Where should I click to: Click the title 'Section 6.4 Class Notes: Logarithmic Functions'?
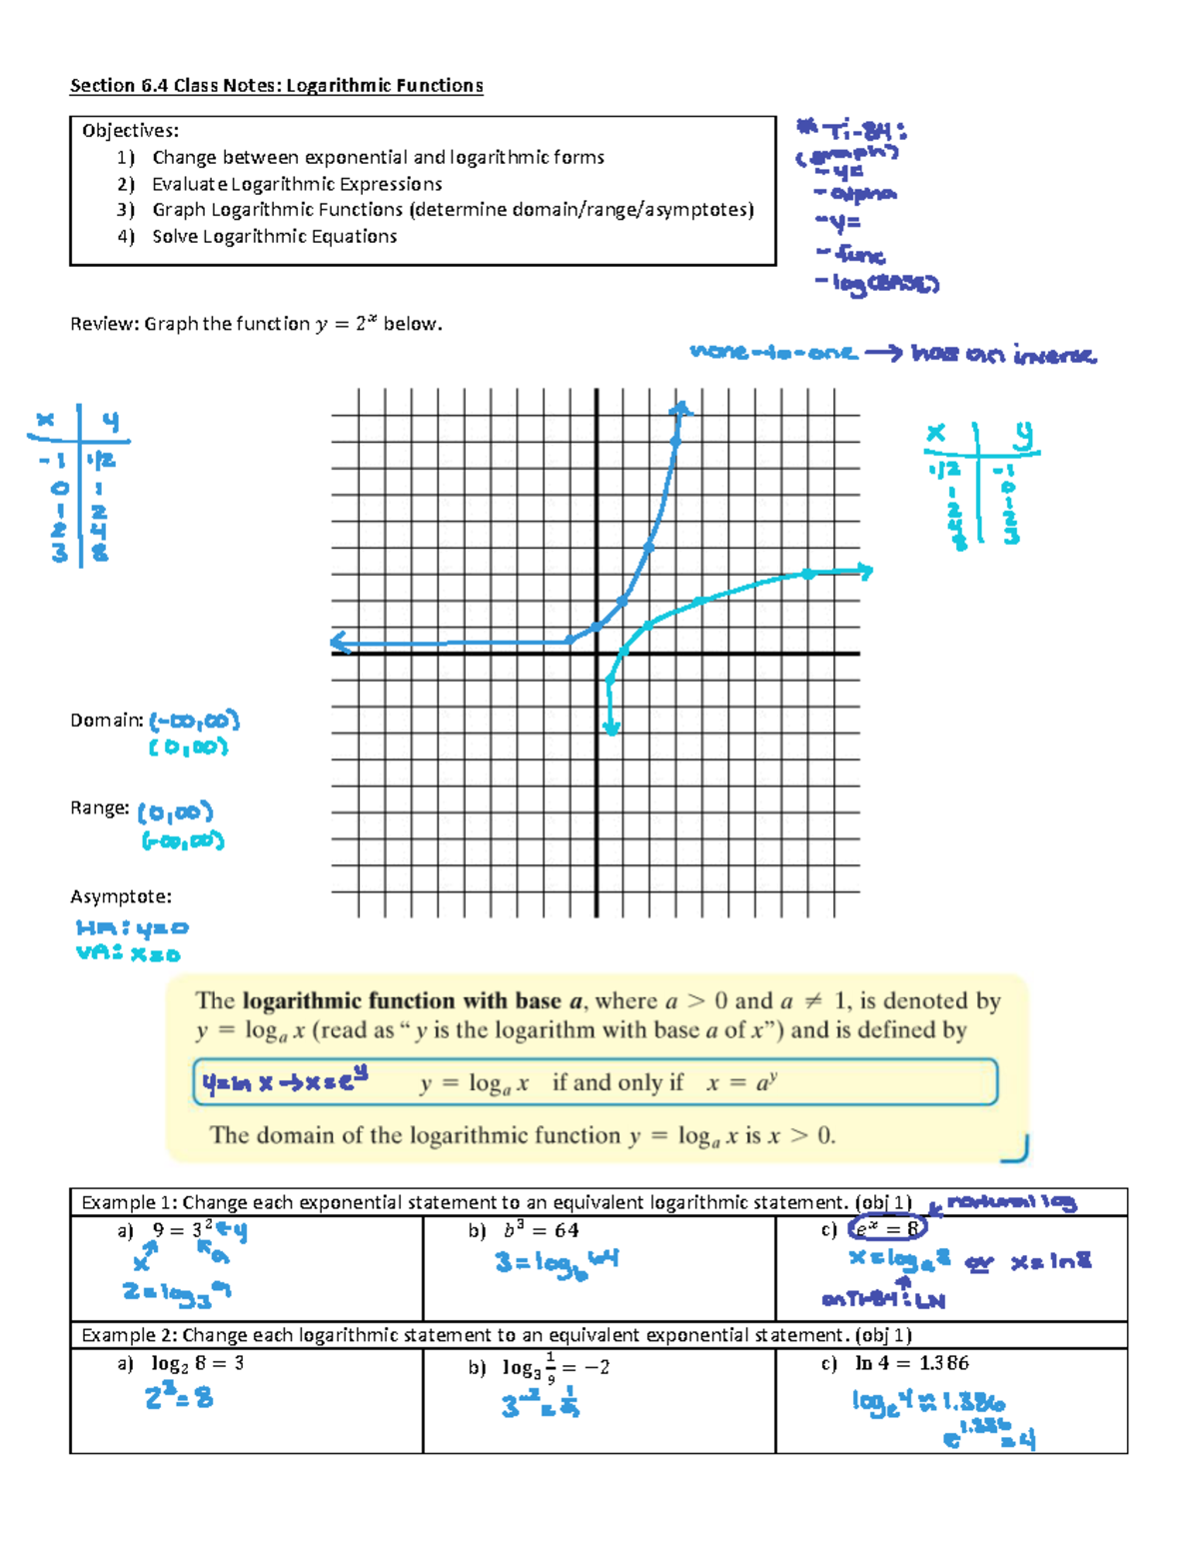(276, 86)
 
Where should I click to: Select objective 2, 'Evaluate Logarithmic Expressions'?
(297, 184)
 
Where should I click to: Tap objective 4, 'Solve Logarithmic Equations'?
(274, 237)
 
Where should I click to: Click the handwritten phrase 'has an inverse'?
(1003, 355)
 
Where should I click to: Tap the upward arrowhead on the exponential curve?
(680, 407)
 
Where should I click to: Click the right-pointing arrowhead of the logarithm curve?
(864, 572)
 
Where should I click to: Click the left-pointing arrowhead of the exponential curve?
(341, 643)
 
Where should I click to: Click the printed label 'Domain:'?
(107, 721)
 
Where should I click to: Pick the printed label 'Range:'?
(100, 808)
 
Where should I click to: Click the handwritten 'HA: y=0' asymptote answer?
(132, 928)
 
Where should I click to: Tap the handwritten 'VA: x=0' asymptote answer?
(128, 953)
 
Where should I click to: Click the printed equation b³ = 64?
(541, 1230)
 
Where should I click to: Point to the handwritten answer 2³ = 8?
(179, 1396)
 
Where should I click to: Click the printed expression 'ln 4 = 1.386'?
(912, 1363)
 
